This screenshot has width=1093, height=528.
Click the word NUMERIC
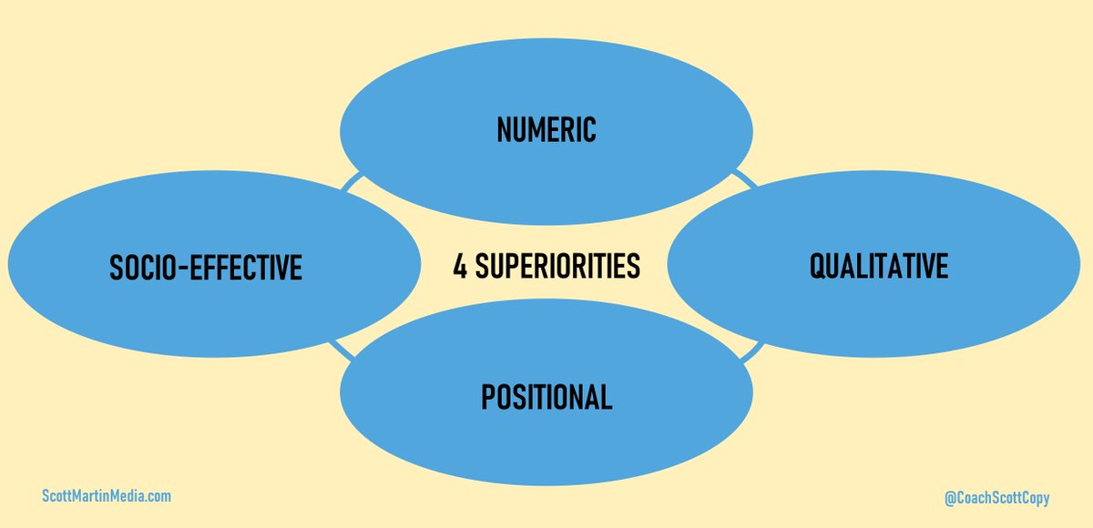tap(546, 129)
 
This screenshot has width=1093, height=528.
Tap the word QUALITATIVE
tap(878, 266)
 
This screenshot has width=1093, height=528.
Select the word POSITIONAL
tap(546, 397)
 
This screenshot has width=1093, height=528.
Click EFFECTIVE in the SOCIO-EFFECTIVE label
tap(248, 268)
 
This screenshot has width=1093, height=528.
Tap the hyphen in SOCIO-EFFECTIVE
tap(188, 269)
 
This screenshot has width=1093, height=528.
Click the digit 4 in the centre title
tap(460, 267)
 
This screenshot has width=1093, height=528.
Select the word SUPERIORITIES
tap(557, 267)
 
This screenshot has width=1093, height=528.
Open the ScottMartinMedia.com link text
tap(107, 496)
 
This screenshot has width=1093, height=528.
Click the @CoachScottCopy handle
tap(997, 498)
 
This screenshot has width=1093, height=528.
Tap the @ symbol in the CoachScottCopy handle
tap(951, 498)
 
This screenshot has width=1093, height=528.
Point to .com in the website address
tap(158, 496)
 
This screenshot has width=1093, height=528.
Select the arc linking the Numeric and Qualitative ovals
tap(745, 177)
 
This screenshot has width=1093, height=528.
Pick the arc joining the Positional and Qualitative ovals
tap(751, 351)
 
